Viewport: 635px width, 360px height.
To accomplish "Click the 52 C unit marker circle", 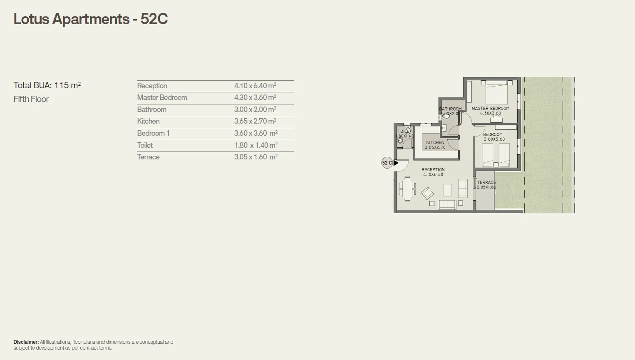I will [x=387, y=163].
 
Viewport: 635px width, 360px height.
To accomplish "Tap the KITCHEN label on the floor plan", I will [x=435, y=142].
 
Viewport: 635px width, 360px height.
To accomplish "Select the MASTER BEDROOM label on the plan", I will [x=490, y=108].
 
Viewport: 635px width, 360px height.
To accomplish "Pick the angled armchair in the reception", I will [x=427, y=193].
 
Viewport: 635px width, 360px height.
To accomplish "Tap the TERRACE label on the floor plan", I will [x=486, y=182].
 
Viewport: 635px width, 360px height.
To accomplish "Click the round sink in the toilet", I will [x=400, y=141].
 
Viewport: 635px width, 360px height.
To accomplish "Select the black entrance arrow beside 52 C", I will [x=396, y=163].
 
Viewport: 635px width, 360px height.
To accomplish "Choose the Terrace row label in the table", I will [x=148, y=157].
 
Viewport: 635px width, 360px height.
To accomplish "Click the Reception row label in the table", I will [x=152, y=86].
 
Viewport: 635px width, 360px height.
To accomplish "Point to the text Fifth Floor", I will [x=31, y=99].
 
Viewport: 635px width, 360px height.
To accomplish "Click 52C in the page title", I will [x=154, y=19].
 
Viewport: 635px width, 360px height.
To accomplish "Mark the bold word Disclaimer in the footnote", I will [x=26, y=342].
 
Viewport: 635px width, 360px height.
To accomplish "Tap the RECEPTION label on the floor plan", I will [x=433, y=169].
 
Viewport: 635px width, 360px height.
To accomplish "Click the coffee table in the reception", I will [x=447, y=190].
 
